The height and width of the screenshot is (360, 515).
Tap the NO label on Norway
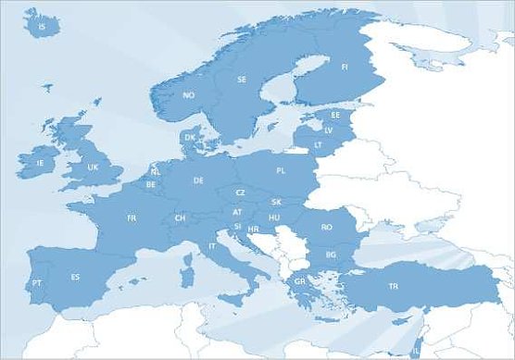click(x=189, y=95)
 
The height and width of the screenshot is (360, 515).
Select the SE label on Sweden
click(x=242, y=80)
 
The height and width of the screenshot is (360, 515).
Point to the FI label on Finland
click(x=345, y=67)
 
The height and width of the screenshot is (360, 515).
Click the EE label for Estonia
click(x=335, y=116)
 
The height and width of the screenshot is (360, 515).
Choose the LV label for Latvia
click(x=328, y=130)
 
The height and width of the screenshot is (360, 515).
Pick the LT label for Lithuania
click(x=318, y=145)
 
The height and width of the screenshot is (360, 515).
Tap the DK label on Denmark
click(x=190, y=138)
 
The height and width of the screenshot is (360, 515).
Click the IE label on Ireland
click(x=40, y=163)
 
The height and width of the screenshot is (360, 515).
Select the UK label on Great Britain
click(x=93, y=168)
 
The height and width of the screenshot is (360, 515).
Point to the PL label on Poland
click(x=281, y=171)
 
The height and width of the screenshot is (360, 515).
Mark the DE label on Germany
click(x=198, y=180)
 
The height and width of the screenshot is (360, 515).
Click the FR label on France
click(x=132, y=218)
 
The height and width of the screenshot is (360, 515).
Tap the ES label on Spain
click(x=76, y=277)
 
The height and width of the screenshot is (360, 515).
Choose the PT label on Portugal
click(x=37, y=282)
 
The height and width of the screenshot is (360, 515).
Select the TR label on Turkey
click(x=394, y=286)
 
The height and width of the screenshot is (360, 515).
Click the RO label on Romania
click(x=327, y=227)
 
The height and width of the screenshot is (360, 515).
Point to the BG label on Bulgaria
click(x=331, y=254)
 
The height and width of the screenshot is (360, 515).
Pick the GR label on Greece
click(x=300, y=280)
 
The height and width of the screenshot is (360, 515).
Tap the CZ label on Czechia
click(x=240, y=192)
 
